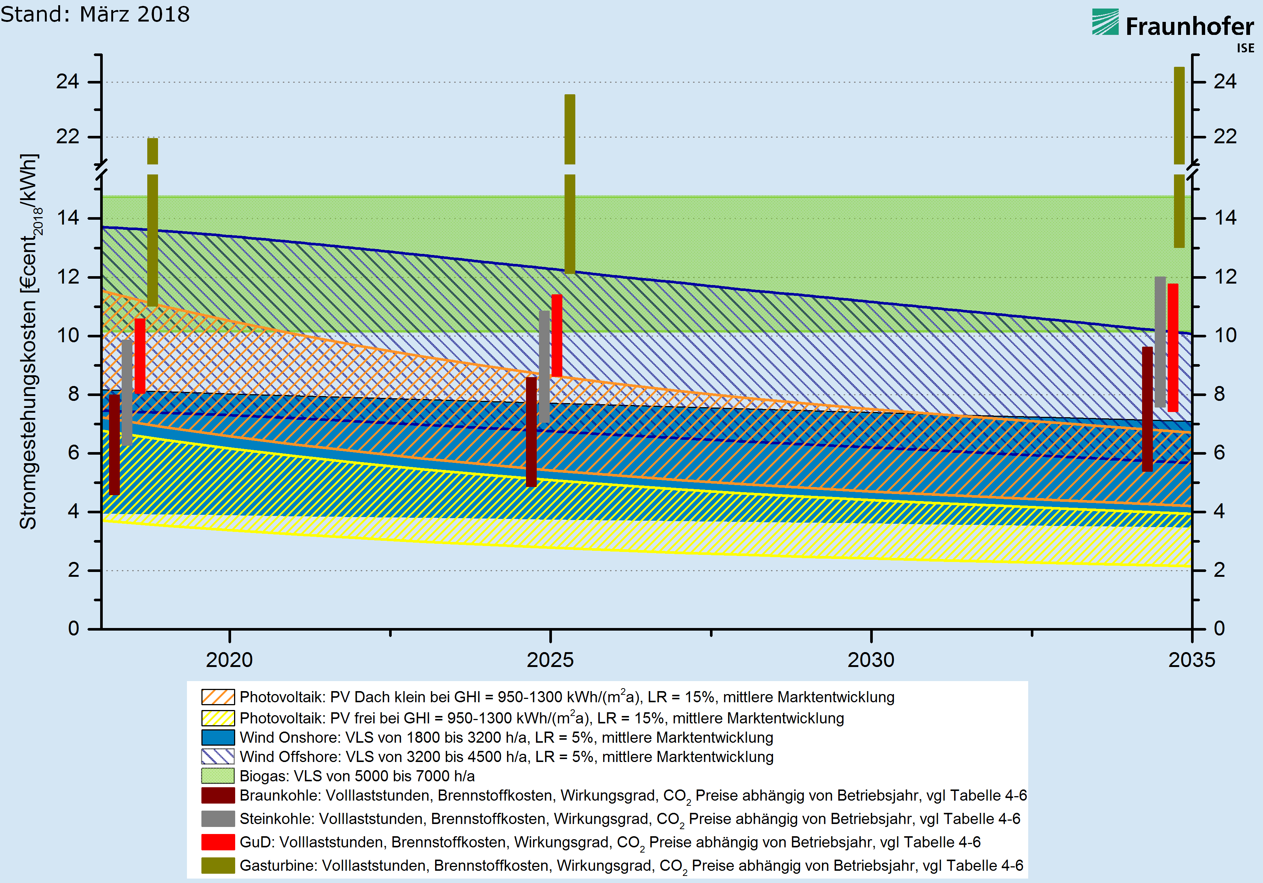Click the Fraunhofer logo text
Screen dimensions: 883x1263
click(x=1189, y=26)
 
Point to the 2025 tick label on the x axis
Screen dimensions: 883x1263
click(x=550, y=660)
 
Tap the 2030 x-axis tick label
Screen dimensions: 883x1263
click(x=871, y=660)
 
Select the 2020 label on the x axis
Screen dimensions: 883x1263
click(x=229, y=660)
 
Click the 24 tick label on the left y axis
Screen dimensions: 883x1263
click(x=68, y=82)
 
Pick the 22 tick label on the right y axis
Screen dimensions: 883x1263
click(x=1225, y=137)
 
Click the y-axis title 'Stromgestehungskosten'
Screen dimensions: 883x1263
click(x=29, y=341)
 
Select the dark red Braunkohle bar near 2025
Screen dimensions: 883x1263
click(x=532, y=432)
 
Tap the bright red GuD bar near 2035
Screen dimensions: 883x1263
click(x=1173, y=347)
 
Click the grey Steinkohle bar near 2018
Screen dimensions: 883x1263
click(x=127, y=392)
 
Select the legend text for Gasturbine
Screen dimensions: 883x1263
click(x=631, y=866)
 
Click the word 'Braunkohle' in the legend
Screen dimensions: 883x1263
click(x=280, y=795)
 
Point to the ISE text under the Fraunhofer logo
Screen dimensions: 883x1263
click(x=1246, y=49)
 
